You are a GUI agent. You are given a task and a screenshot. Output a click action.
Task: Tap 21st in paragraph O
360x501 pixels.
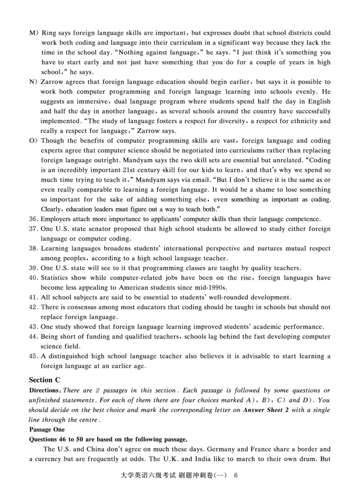pyautogui.click(x=127, y=170)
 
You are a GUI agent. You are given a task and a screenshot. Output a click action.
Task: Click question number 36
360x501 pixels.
pyautogui.click(x=33, y=219)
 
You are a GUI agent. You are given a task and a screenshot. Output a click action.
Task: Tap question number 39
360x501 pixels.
pyautogui.click(x=33, y=268)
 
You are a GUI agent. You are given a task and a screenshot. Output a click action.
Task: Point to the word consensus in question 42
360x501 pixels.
pyautogui.click(x=78, y=307)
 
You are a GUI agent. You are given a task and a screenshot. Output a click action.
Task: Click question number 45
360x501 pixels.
pyautogui.click(x=33, y=356)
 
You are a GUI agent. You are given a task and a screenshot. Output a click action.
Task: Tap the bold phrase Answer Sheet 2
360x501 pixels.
pyautogui.click(x=267, y=410)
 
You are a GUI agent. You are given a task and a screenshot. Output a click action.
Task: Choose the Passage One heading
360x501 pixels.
pyautogui.click(x=46, y=429)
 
